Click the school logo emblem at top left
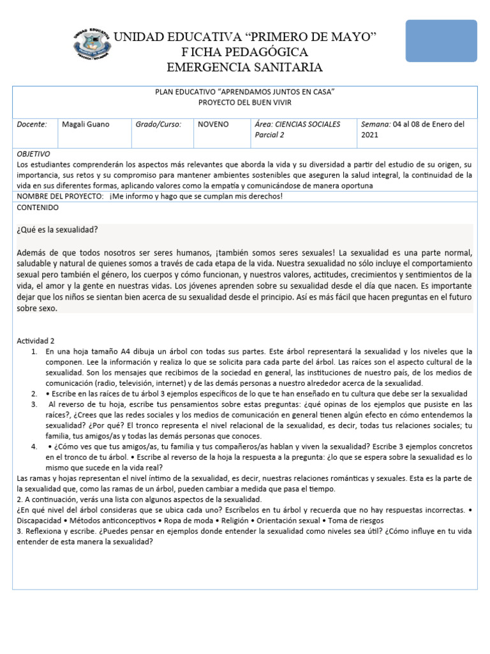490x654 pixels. (93, 45)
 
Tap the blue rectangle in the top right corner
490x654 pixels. (441, 40)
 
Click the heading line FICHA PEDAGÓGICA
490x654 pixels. (244, 52)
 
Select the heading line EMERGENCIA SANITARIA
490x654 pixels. (244, 67)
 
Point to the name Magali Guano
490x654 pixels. (85, 125)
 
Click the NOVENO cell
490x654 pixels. (213, 125)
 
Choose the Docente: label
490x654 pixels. (32, 125)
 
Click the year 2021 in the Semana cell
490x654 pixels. (371, 135)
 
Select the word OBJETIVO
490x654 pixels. (33, 154)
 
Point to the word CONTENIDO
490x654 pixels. (38, 208)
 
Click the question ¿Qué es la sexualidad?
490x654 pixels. (57, 230)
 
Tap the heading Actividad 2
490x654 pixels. (36, 341)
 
